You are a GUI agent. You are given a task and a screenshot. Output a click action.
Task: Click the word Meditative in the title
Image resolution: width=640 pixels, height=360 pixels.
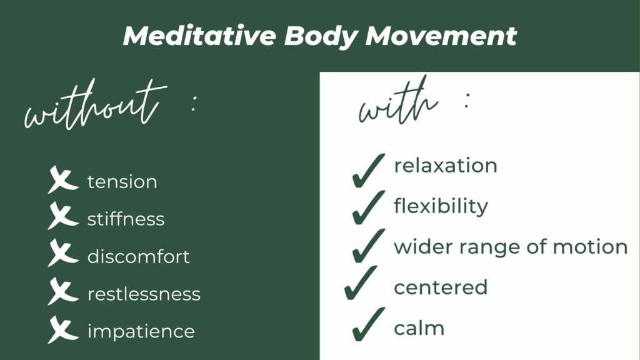coord(198,36)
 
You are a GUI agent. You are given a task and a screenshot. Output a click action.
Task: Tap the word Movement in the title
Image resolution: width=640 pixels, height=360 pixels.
coord(441,36)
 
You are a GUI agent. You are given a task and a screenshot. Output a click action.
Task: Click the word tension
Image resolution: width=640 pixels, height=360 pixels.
coord(122,182)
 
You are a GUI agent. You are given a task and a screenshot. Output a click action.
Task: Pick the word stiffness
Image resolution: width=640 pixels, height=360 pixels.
coord(126,219)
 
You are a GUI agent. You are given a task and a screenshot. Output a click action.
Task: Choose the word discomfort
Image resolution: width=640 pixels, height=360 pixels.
coord(138,256)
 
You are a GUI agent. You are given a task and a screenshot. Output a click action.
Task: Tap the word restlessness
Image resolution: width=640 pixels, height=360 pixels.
coord(144,294)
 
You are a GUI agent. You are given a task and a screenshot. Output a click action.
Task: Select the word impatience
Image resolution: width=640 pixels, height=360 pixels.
coord(141,331)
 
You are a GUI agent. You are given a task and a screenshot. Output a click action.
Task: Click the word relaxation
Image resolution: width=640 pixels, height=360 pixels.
coord(445,166)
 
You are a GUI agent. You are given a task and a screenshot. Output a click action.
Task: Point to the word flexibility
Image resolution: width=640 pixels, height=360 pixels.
coord(441,206)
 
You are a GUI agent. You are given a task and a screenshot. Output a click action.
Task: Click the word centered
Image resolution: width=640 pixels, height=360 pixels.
coord(440,287)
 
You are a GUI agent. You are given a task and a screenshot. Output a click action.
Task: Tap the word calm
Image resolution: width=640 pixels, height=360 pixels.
coord(419,327)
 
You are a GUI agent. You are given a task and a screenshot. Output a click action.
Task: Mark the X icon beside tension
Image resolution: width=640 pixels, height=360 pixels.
coord(62,181)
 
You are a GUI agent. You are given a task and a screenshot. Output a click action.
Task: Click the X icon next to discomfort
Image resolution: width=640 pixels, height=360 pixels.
coord(62,256)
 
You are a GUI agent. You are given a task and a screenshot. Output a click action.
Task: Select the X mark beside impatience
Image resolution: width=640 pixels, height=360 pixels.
coord(62,331)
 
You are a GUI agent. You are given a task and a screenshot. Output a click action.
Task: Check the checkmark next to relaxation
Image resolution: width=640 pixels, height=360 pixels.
coord(367,169)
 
